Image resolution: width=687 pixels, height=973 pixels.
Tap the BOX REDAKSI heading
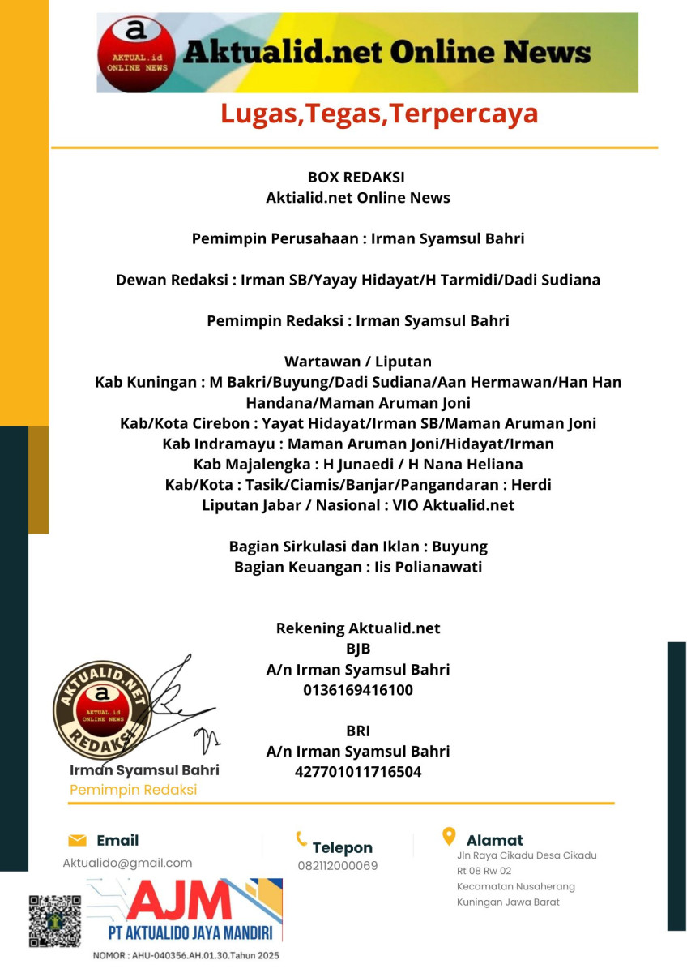(x=356, y=177)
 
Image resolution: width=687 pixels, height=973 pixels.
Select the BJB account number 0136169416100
(x=357, y=690)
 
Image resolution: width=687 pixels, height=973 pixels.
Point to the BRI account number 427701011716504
(x=357, y=771)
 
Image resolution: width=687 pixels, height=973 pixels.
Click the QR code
(x=55, y=921)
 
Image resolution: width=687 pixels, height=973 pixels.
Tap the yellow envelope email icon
(x=77, y=840)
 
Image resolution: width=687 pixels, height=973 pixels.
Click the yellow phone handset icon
(x=301, y=839)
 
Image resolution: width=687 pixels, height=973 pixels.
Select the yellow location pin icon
(x=448, y=836)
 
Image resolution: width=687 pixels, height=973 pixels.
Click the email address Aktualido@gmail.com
(x=127, y=863)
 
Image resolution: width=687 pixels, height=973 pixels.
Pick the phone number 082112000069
(x=337, y=865)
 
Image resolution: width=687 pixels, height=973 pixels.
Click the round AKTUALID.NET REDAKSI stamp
(x=103, y=705)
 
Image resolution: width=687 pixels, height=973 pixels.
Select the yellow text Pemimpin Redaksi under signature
(x=133, y=789)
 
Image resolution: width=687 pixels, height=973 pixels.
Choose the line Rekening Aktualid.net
(x=358, y=628)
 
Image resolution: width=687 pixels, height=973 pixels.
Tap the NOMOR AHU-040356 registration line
(x=186, y=955)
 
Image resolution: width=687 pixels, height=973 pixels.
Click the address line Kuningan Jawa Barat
(x=508, y=902)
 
